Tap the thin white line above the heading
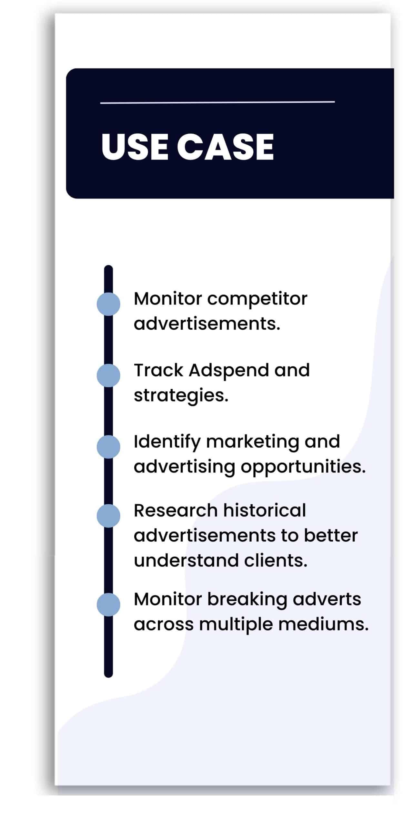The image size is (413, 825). pos(217,102)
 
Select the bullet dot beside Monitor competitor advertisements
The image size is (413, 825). pos(108,304)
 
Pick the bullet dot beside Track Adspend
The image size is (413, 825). pos(108,375)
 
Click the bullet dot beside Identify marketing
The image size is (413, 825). pos(108,447)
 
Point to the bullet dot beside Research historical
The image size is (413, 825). pos(108,516)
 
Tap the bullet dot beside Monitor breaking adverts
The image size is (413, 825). pos(108,605)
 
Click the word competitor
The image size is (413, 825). pos(257,299)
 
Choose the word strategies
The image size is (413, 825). pos(181,396)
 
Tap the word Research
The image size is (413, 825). pos(176,511)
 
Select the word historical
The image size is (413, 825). pos(265,511)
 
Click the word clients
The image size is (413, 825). pos(276,561)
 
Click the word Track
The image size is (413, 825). pos(158,371)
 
